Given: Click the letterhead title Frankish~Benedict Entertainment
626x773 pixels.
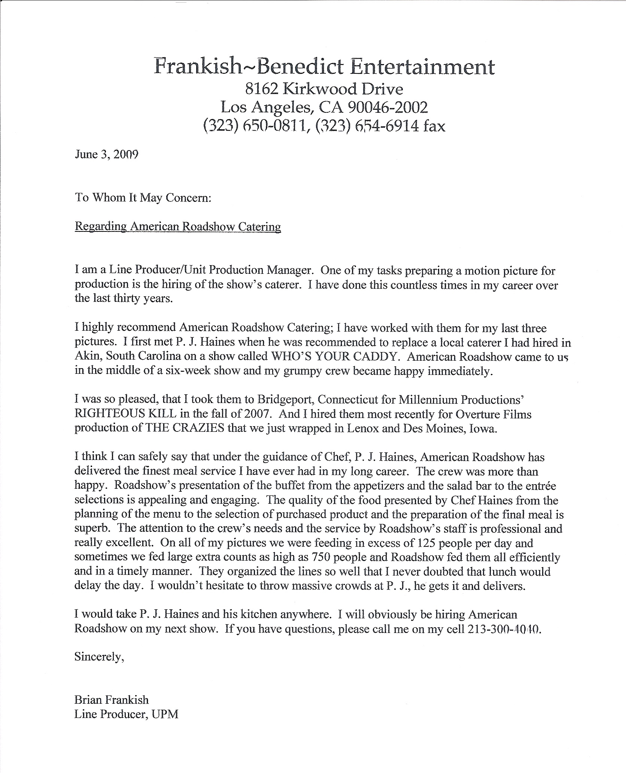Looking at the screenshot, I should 324,67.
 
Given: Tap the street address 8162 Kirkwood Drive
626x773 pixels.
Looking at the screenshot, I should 324,89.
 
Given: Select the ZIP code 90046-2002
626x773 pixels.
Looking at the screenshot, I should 388,108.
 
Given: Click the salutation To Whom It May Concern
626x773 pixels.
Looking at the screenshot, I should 143,197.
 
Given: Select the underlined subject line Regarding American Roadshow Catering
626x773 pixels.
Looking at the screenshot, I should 178,227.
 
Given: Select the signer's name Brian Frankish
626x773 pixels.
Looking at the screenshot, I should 112,700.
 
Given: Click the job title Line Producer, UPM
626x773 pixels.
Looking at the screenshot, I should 126,714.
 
